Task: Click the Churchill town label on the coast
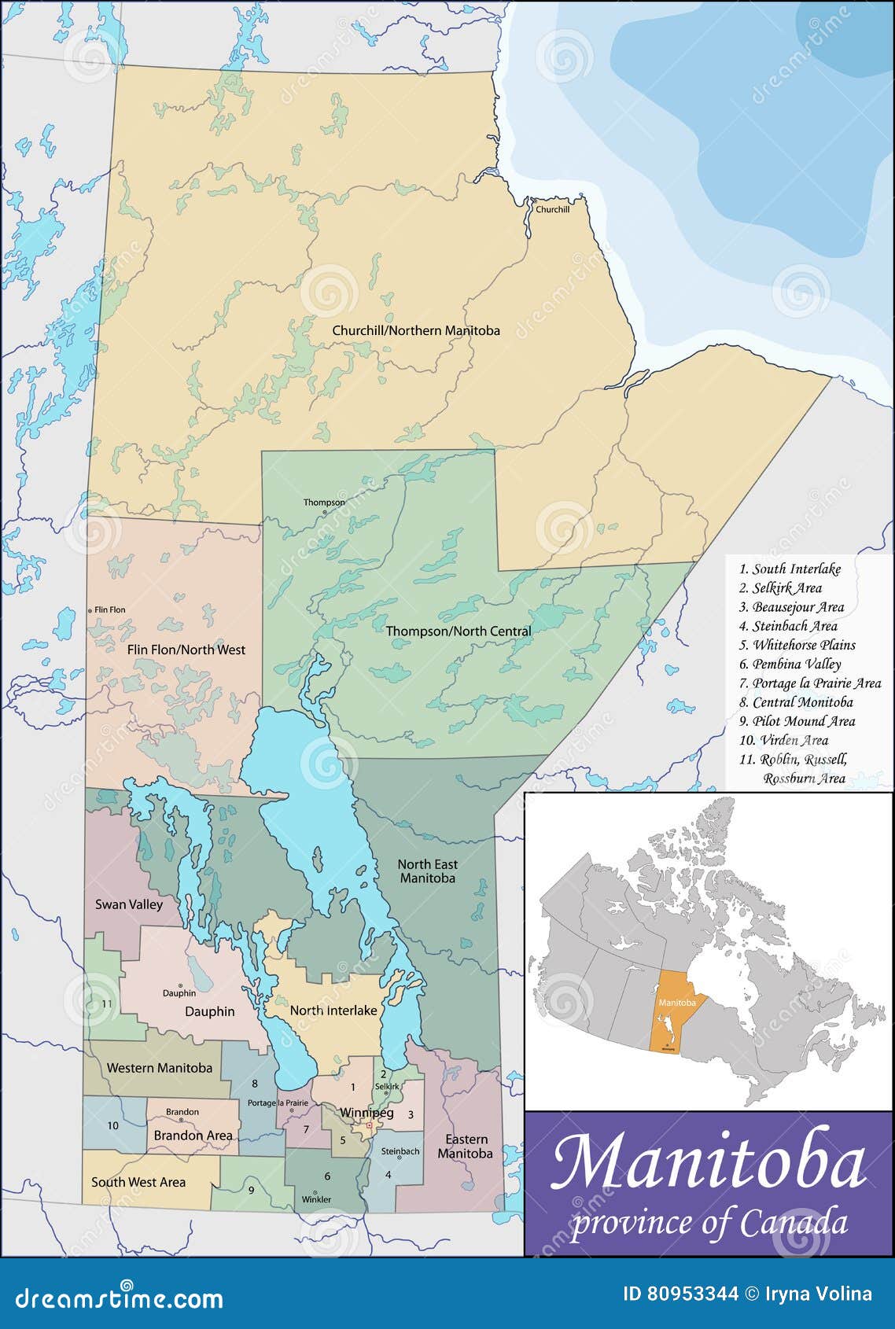[x=552, y=209]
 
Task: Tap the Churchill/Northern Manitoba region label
[x=415, y=331]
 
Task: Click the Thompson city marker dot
[x=324, y=512]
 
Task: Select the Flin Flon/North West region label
[x=186, y=650]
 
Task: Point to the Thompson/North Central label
[x=458, y=631]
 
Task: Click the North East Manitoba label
[x=427, y=871]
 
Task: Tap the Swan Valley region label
[x=129, y=904]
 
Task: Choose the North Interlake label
[x=333, y=1011]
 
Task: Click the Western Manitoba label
[x=159, y=1068]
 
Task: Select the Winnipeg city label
[x=366, y=1113]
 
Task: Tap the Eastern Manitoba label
[x=466, y=1147]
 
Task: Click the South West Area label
[x=138, y=1182]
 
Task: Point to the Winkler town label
[x=316, y=1199]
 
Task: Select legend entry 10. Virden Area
[x=783, y=740]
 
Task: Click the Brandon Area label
[x=193, y=1136]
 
